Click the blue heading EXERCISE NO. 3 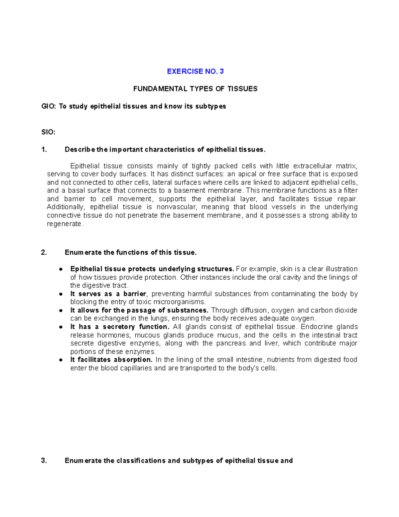coord(195,71)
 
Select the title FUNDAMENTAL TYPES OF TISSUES coord(195,89)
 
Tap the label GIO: coord(49,107)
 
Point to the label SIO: coord(48,132)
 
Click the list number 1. coord(44,149)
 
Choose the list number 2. coord(44,252)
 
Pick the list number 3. coord(44,461)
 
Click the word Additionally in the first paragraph coord(66,207)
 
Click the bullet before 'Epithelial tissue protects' coord(61,269)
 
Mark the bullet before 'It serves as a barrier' coord(61,294)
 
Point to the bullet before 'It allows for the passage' coord(61,310)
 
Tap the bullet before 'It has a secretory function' coord(61,327)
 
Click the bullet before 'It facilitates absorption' coord(61,360)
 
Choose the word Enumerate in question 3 coord(83,461)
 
